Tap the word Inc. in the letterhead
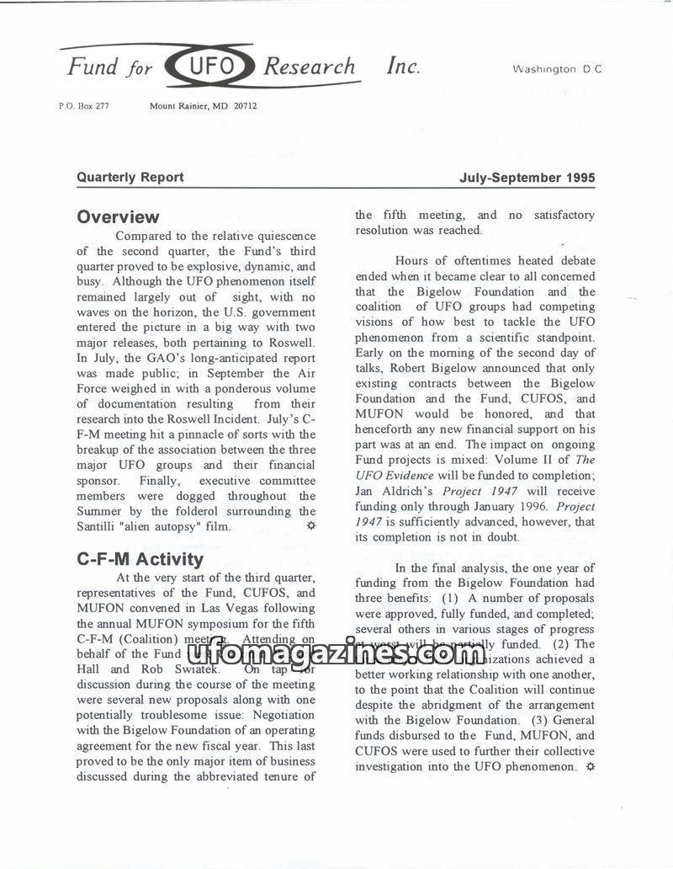[403, 66]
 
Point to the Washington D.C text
[557, 69]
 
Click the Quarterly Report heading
[130, 177]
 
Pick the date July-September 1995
[527, 177]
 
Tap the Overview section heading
[118, 217]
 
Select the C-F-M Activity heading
[140, 559]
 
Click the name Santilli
[101, 527]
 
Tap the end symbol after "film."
[310, 526]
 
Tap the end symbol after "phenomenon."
[590, 766]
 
